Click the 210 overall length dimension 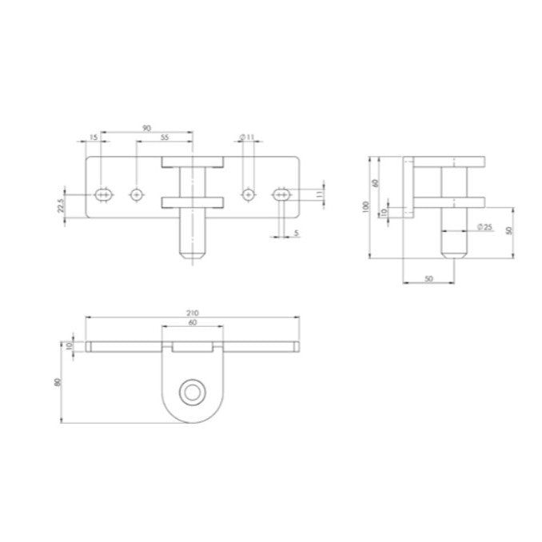coord(193,313)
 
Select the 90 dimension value coord(146,128)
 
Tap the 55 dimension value coord(164,138)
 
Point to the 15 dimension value coord(94,138)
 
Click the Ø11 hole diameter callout coord(248,137)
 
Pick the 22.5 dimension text coord(59,206)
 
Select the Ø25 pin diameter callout coord(484,228)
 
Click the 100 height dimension coord(365,208)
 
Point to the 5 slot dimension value coord(296,233)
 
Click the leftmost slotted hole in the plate coord(102,193)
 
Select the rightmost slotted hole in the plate coord(281,193)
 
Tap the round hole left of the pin coord(137,193)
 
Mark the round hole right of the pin coord(249,193)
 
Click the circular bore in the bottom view coord(192,392)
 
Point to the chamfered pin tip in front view coord(192,254)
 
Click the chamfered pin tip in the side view coord(454,254)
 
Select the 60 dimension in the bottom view coord(192,323)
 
